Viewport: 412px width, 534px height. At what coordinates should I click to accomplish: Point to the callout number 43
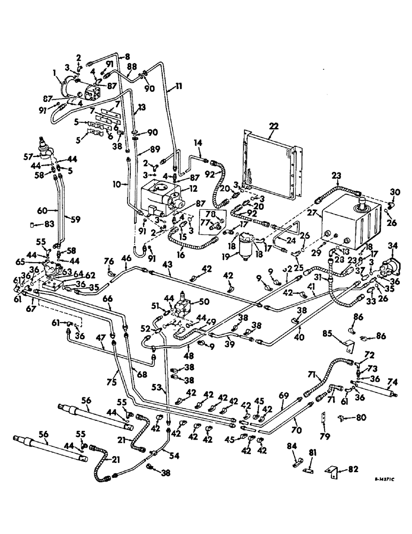[x=167, y=265]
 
